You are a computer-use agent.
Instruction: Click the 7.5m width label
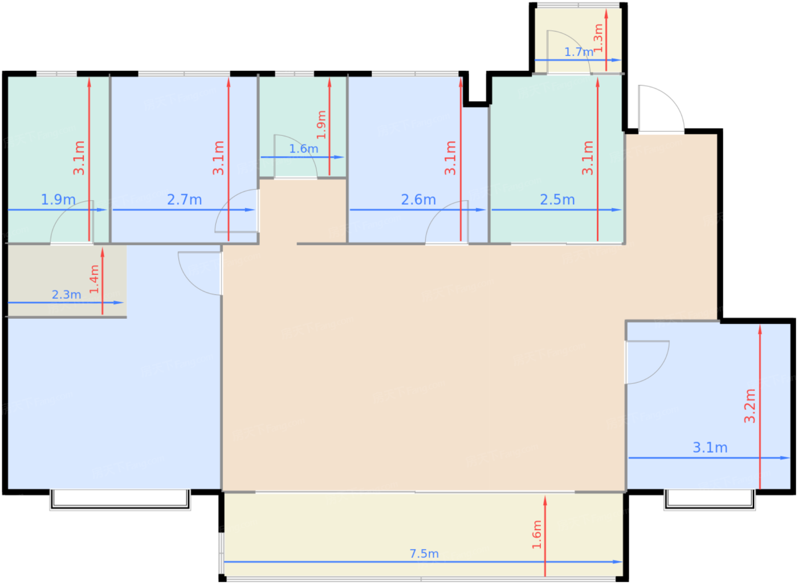[x=424, y=554]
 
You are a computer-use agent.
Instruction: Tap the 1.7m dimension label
[x=579, y=52]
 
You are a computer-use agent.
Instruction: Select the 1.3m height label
[x=598, y=38]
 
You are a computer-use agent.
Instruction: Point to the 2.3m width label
[x=66, y=294]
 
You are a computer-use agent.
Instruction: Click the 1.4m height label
[x=94, y=279]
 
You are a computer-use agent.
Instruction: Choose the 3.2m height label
[x=750, y=405]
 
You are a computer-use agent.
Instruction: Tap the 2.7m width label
[x=184, y=200]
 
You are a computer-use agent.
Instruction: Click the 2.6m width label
[x=418, y=200]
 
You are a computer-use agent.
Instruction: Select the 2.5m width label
[x=557, y=200]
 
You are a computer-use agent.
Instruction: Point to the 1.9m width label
[x=58, y=199]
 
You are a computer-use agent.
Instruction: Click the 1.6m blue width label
[x=303, y=149]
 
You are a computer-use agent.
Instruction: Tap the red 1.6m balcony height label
[x=536, y=534]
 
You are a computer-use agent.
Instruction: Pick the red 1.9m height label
[x=321, y=125]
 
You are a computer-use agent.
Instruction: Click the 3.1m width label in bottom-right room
[x=710, y=448]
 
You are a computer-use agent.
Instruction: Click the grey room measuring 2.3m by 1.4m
[x=67, y=281]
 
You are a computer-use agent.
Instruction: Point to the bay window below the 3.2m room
[x=710, y=500]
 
